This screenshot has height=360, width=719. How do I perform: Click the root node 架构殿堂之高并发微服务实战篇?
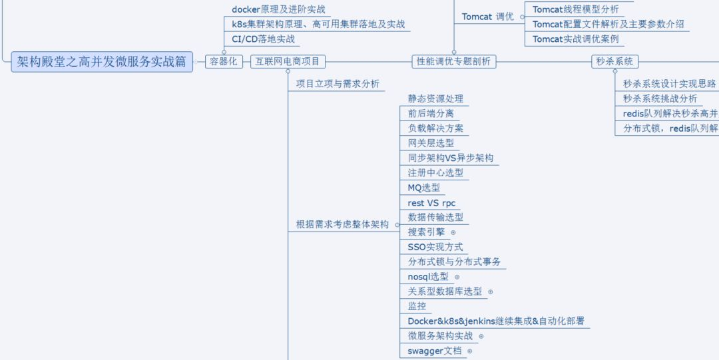(102, 62)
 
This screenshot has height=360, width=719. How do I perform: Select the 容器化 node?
(224, 62)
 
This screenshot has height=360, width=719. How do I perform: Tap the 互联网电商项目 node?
(288, 62)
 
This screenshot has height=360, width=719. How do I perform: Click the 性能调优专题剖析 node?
(453, 62)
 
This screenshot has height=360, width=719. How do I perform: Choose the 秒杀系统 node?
(614, 62)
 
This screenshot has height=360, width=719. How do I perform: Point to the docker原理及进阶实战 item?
(278, 9)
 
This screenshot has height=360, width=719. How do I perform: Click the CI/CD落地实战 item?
(263, 39)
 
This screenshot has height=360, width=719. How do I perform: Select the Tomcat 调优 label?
(488, 17)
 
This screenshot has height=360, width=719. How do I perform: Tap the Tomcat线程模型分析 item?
(575, 9)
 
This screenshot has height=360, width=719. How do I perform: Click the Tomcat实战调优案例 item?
(575, 39)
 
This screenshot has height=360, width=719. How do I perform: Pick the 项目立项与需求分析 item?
(338, 84)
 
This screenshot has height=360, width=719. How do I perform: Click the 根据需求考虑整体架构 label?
(342, 225)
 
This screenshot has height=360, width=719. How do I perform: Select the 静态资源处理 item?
(435, 98)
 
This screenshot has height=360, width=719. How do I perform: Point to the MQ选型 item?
(424, 188)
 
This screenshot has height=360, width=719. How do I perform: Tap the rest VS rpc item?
(431, 203)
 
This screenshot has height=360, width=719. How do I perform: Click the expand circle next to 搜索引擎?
(453, 232)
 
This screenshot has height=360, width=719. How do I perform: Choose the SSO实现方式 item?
(435, 247)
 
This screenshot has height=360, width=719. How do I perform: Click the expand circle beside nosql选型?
(457, 277)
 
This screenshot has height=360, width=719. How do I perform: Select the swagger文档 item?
(434, 351)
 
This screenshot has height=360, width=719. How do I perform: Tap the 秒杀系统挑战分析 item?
(660, 98)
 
